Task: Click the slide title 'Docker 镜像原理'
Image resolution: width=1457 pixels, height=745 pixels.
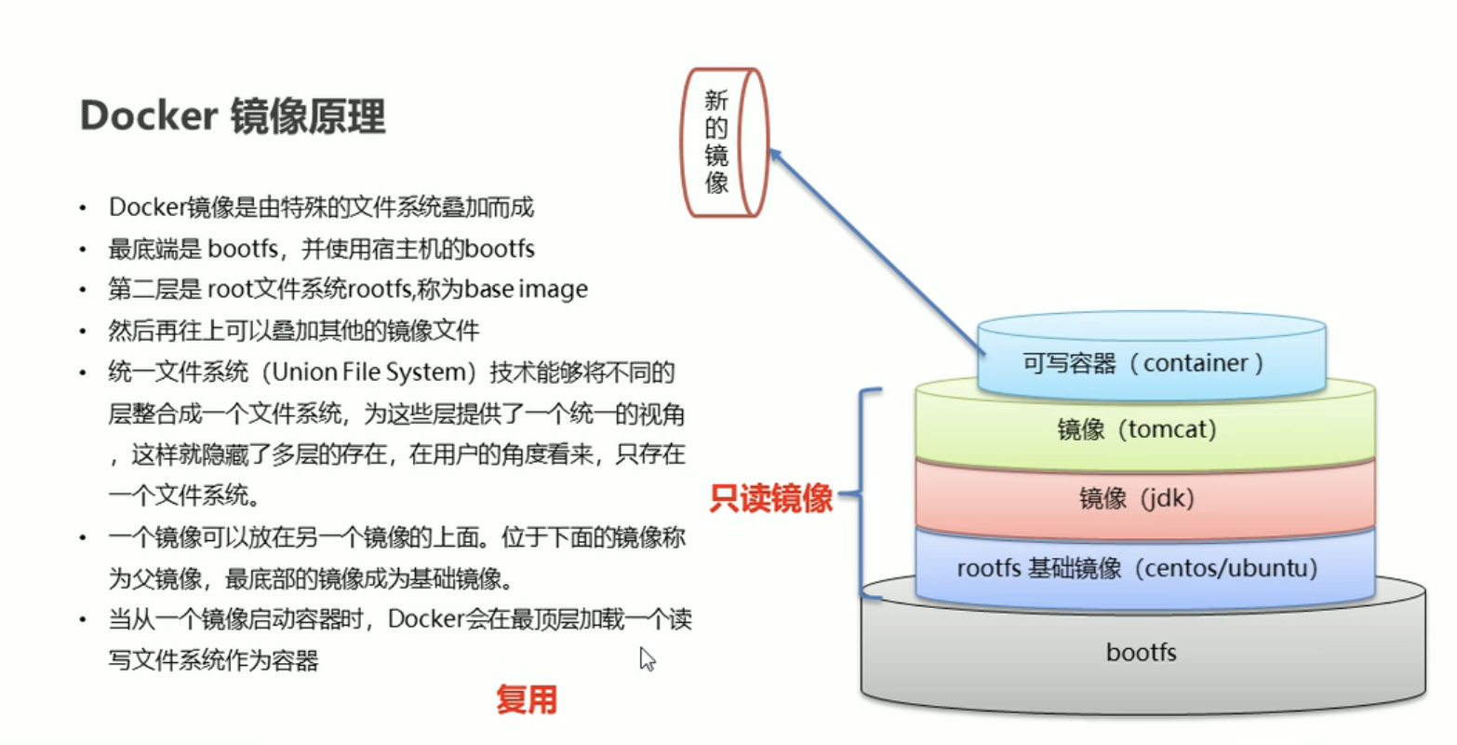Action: point(233,116)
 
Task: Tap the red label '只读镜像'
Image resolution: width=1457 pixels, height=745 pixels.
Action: point(770,498)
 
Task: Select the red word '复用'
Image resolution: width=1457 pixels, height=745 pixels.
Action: point(526,698)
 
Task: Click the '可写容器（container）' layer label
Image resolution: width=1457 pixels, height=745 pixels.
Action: point(1143,363)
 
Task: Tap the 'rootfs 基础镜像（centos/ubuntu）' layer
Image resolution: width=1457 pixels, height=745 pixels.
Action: point(1136,568)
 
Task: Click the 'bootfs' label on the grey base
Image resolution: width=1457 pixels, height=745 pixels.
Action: point(1141,652)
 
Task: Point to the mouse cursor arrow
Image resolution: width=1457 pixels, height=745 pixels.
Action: point(647,659)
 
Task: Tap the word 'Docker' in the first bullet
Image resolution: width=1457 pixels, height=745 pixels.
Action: point(148,207)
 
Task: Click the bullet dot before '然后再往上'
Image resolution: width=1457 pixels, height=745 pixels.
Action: point(84,332)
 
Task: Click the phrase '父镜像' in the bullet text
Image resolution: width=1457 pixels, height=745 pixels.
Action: point(167,578)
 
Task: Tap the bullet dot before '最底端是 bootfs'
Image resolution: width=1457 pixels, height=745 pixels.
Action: point(84,250)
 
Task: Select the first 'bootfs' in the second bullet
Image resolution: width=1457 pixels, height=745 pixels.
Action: point(243,249)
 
